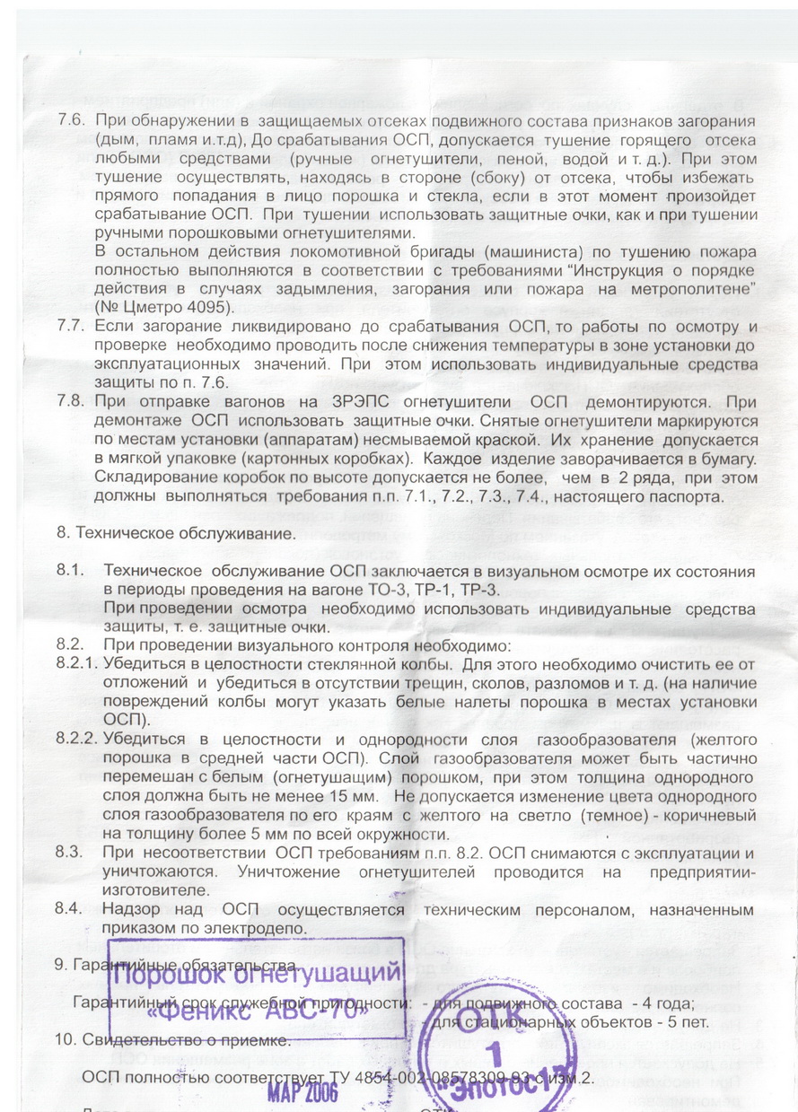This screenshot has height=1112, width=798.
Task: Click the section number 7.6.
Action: pyautogui.click(x=72, y=121)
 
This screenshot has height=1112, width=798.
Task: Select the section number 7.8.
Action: pyautogui.click(x=72, y=404)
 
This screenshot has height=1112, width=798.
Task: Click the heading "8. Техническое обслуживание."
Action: pyautogui.click(x=175, y=533)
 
